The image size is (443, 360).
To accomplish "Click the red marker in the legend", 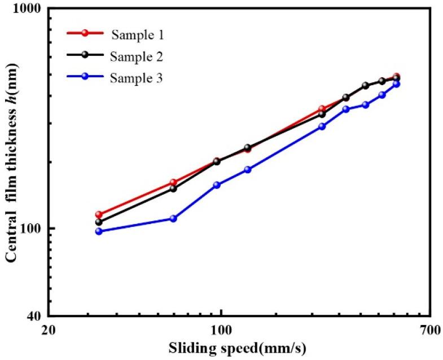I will (x=85, y=33).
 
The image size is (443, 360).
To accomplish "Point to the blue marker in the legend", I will (x=85, y=77).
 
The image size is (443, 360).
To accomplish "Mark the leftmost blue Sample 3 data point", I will (x=99, y=231).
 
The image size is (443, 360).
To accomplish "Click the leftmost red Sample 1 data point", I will (x=99, y=214).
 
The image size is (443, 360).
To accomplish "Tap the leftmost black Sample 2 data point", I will (x=99, y=222).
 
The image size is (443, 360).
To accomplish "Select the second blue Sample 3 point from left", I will (x=173, y=218).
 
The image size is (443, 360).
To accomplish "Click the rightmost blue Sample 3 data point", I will (x=397, y=84).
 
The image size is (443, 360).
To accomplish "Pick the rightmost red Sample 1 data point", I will (x=397, y=76).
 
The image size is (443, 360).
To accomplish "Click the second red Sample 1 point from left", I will (x=173, y=182).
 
